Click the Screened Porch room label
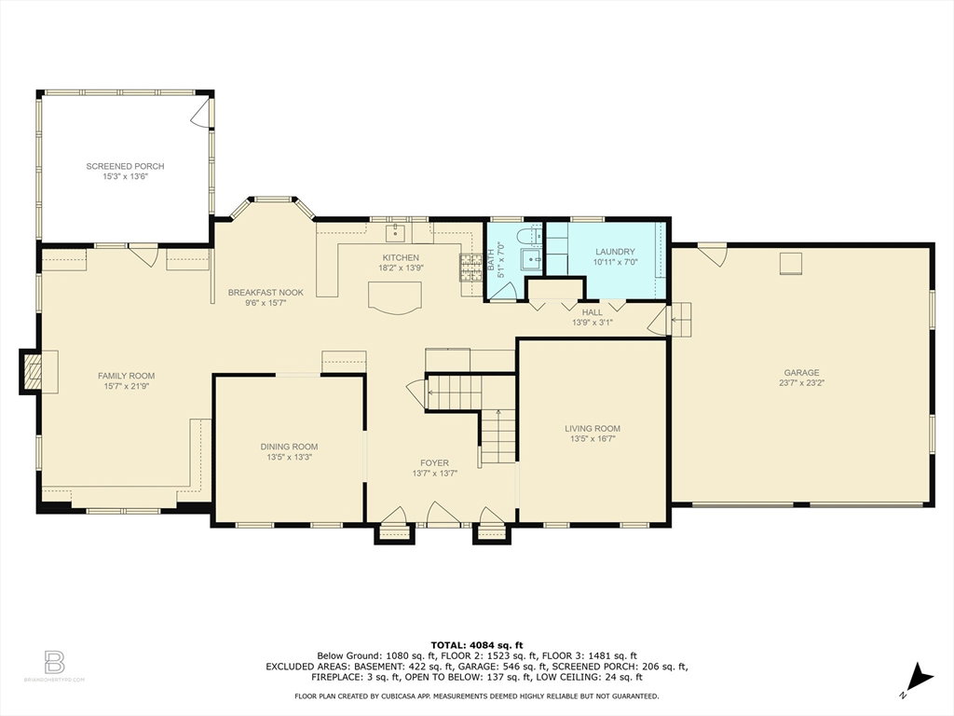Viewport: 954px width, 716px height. pyautogui.click(x=125, y=166)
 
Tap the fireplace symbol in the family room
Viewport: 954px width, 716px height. pyautogui.click(x=33, y=372)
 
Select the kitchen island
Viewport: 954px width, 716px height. pyautogui.click(x=395, y=297)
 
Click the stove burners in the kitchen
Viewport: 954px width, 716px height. pyautogui.click(x=470, y=268)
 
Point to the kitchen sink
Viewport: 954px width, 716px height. pyautogui.click(x=395, y=231)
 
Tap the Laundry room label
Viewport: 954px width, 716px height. pyautogui.click(x=615, y=252)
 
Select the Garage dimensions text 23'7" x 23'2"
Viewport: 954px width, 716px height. pyautogui.click(x=801, y=383)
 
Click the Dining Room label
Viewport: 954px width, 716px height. pyautogui.click(x=289, y=447)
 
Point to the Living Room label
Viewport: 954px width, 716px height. pyautogui.click(x=593, y=429)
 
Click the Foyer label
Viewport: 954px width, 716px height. pyautogui.click(x=434, y=463)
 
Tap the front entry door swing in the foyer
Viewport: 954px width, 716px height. pyautogui.click(x=443, y=515)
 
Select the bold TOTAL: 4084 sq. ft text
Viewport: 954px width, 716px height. pyautogui.click(x=476, y=645)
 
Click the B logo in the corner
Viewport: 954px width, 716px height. pyautogui.click(x=55, y=662)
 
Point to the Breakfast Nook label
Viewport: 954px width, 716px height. pyautogui.click(x=266, y=292)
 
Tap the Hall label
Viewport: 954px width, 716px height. pyautogui.click(x=592, y=312)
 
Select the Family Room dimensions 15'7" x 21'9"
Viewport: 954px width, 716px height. pyautogui.click(x=127, y=386)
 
